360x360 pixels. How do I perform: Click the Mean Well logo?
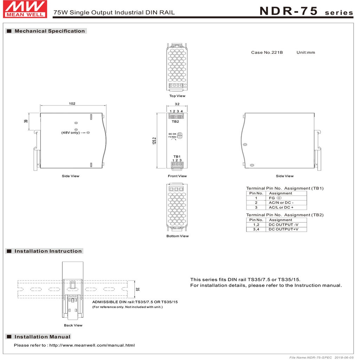(25, 9)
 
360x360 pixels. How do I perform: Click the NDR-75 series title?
(306, 11)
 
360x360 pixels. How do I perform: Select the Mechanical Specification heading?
(50, 31)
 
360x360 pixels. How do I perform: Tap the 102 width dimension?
(72, 104)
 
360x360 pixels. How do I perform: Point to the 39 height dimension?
(26, 121)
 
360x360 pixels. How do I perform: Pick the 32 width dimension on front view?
(177, 104)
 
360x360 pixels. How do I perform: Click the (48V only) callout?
(71, 133)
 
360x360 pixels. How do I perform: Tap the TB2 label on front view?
(175, 122)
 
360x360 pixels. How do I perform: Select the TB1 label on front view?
(177, 156)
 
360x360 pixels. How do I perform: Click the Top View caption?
(177, 96)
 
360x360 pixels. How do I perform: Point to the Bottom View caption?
(178, 236)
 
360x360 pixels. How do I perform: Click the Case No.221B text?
(267, 52)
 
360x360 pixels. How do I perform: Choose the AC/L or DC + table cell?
(281, 207)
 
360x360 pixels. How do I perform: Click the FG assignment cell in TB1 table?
(274, 198)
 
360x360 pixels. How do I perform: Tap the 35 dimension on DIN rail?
(137, 289)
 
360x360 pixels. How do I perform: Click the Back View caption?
(73, 325)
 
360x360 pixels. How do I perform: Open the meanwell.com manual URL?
(92, 345)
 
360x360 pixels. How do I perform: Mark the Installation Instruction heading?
(48, 251)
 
